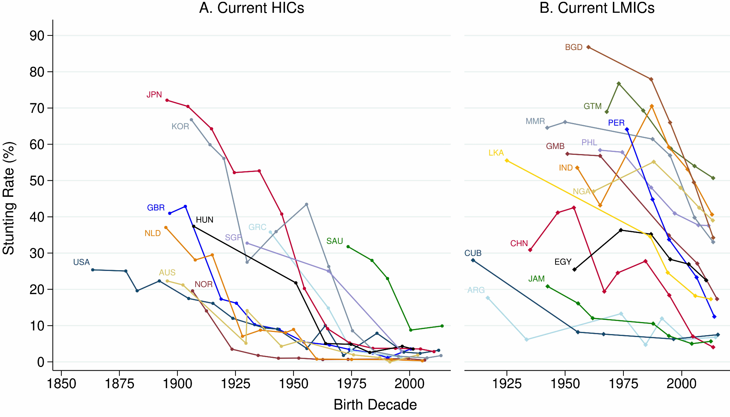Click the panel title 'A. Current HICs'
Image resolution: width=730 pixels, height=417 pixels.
(x=251, y=8)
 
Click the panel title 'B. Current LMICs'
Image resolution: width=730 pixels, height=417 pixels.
(x=597, y=8)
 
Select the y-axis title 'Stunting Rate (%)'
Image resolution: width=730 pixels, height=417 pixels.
(x=9, y=198)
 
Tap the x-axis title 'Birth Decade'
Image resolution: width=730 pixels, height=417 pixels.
(x=375, y=405)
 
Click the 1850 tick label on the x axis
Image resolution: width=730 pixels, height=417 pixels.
(x=61, y=384)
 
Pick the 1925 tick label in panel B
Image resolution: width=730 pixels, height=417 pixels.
(x=507, y=384)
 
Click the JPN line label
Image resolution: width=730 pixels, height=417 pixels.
(x=154, y=95)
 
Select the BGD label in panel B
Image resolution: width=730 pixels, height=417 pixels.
(x=573, y=47)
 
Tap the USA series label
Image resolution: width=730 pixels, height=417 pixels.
(x=81, y=262)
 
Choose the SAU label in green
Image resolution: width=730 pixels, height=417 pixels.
(x=335, y=241)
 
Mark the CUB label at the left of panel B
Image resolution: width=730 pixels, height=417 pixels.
(x=473, y=253)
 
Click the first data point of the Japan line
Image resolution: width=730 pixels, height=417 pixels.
(x=167, y=100)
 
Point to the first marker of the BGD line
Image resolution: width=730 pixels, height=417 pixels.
(x=588, y=47)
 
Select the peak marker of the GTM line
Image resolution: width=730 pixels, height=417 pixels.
(x=619, y=84)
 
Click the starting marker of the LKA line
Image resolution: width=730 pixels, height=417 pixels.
(x=507, y=160)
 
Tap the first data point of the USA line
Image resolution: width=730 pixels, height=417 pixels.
(x=93, y=270)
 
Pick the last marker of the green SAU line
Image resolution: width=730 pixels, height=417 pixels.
(x=442, y=326)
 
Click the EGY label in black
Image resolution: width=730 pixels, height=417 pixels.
(x=562, y=262)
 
